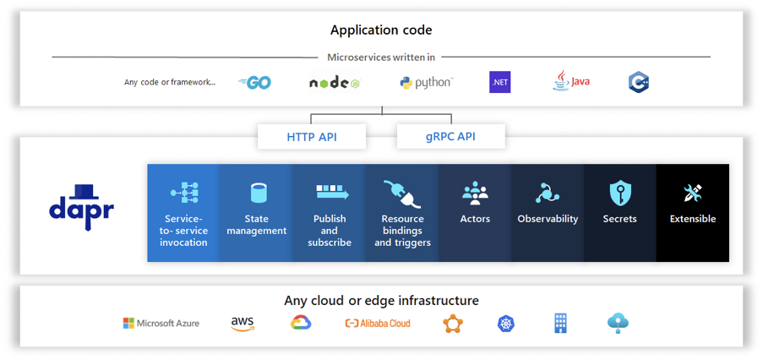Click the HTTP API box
point(312,136)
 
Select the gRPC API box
point(450,136)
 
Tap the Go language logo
point(254,83)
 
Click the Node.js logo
point(335,83)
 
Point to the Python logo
point(427,82)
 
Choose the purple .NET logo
point(500,82)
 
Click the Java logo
point(571,81)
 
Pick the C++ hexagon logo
point(638,82)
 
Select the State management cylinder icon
point(257,193)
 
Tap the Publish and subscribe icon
point(330,193)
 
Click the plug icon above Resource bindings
point(402,194)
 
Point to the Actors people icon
point(475,193)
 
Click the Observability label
point(548,219)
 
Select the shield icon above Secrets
point(620,193)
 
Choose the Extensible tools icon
point(693,193)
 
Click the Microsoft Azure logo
point(161,323)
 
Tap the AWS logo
point(243,323)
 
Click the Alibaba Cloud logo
point(378,323)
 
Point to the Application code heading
point(381,30)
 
